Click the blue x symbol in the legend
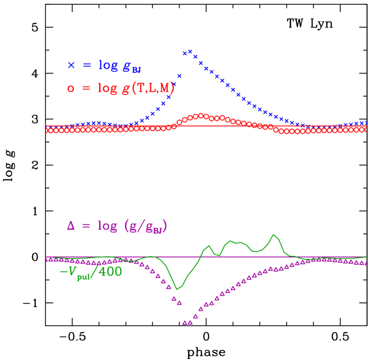click(x=71, y=66)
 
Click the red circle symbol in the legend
click(x=71, y=89)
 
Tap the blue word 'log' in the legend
click(x=108, y=65)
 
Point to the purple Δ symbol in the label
click(x=71, y=226)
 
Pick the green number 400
click(x=109, y=272)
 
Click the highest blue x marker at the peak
click(x=190, y=51)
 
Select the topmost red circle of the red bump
click(x=201, y=115)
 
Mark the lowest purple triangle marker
click(x=185, y=322)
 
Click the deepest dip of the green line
click(x=177, y=289)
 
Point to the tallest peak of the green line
click(x=273, y=235)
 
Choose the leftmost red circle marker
click(x=49, y=131)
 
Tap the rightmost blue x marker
click(x=365, y=123)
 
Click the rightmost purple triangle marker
click(x=365, y=263)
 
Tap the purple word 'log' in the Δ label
click(x=107, y=226)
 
